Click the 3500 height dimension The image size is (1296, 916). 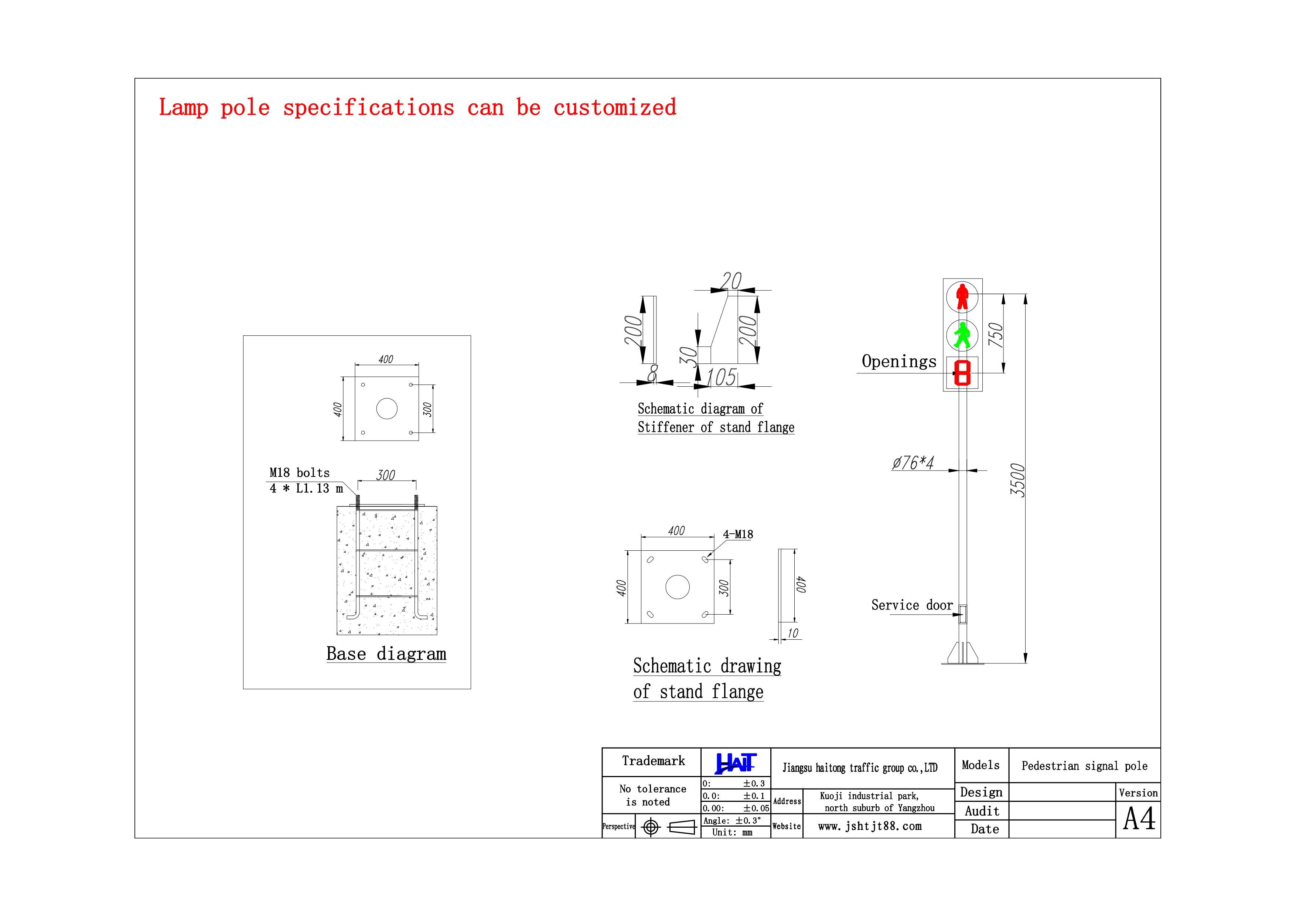[x=1017, y=480]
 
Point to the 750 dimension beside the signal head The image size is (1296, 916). [x=996, y=335]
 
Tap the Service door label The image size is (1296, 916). [x=912, y=605]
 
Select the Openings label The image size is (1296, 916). [x=898, y=361]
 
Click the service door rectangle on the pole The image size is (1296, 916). [x=962, y=614]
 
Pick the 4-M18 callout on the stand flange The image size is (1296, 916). [x=738, y=534]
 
